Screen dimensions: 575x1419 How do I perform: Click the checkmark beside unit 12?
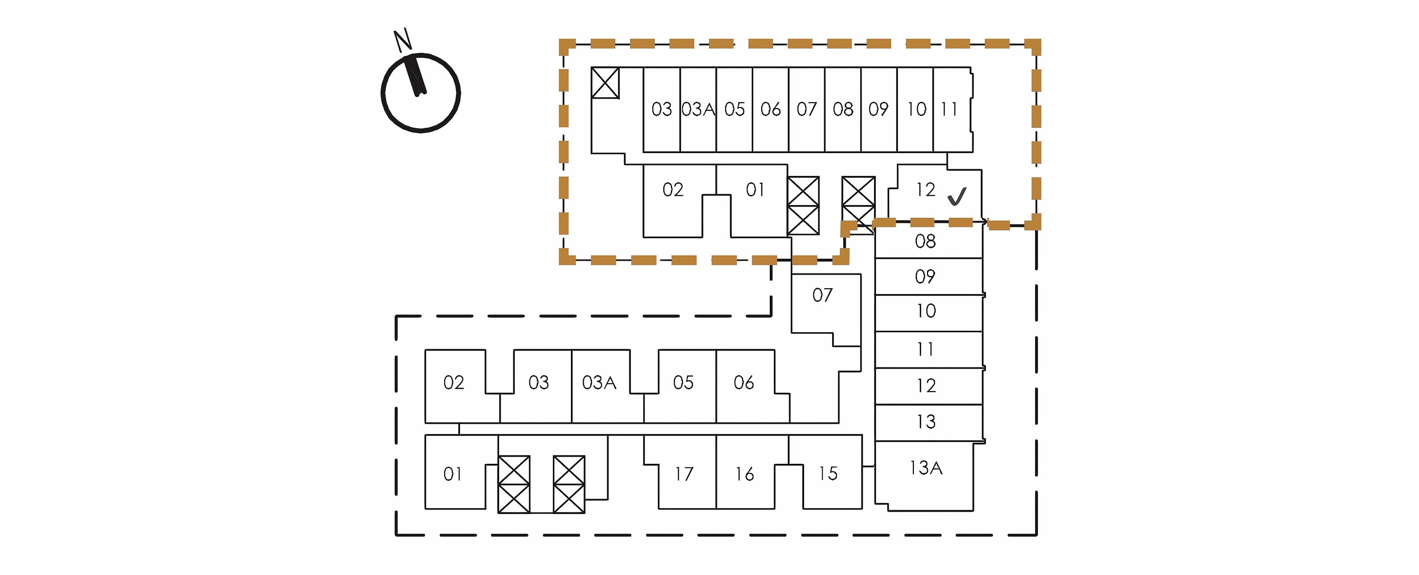click(x=957, y=197)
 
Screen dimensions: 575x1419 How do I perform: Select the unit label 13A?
click(x=926, y=467)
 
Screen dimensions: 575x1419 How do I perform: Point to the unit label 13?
click(x=926, y=422)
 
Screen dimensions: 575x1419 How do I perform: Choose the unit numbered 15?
click(x=828, y=474)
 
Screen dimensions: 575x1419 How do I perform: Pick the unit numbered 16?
click(x=744, y=474)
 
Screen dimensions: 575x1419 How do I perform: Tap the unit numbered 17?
click(x=684, y=474)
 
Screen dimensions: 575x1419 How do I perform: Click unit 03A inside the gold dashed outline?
click(x=698, y=110)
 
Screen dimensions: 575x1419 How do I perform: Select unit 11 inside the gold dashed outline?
click(x=949, y=110)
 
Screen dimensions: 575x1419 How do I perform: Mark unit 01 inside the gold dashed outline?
click(x=755, y=190)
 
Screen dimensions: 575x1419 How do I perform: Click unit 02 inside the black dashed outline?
click(x=454, y=382)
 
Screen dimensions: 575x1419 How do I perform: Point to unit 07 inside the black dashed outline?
click(x=823, y=295)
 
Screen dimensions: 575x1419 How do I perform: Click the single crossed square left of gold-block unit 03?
click(x=605, y=83)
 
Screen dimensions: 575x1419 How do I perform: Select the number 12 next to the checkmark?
click(x=925, y=190)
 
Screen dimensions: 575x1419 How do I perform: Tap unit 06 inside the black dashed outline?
click(x=743, y=382)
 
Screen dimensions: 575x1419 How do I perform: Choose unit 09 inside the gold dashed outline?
click(x=879, y=110)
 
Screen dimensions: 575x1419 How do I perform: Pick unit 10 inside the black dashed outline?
click(x=926, y=311)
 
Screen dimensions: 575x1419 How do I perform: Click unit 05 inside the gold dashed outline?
click(x=734, y=110)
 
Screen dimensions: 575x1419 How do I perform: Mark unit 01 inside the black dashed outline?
click(x=453, y=474)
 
